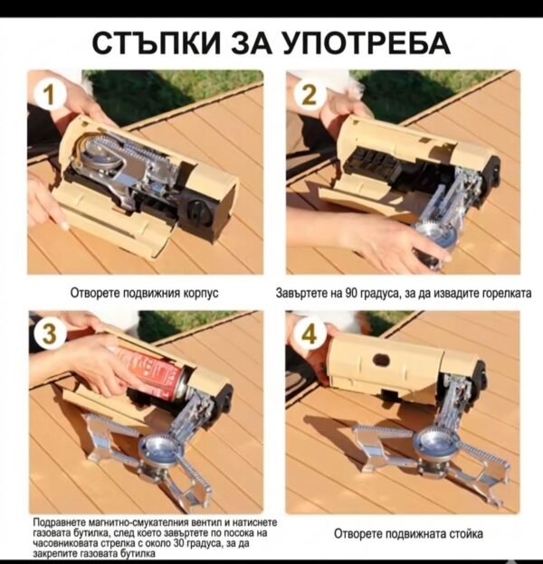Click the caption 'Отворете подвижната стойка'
(x=408, y=533)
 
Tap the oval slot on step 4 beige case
(x=380, y=360)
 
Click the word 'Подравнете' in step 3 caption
(x=56, y=523)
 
